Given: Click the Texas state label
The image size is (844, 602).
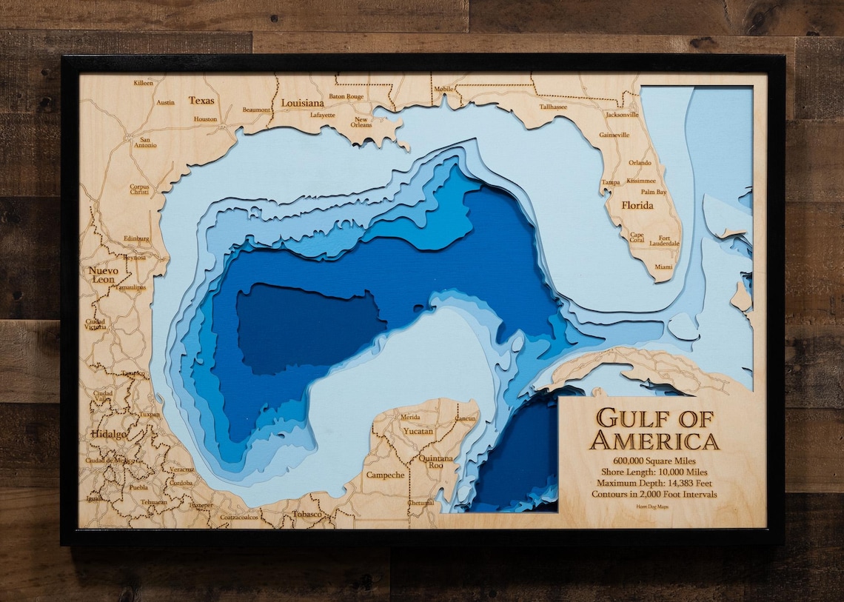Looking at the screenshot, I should pos(201,100).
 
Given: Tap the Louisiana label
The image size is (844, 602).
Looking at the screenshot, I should pos(302,103).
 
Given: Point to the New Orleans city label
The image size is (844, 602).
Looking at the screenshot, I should pos(361,122).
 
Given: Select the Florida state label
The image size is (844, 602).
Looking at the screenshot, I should pos(637,205).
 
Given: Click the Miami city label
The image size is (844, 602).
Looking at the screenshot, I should pos(663,267).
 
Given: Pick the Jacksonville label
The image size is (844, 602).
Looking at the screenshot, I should pos(622,115).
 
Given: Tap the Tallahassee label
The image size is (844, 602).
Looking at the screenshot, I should pos(553,107).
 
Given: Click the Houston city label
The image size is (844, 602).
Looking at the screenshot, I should pos(205,119).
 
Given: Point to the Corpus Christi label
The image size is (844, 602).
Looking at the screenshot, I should pos(139,190).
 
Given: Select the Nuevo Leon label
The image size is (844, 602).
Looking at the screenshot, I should pos(103,275).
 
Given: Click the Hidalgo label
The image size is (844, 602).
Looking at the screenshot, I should pos(108,434).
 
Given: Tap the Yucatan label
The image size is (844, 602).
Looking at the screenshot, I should pos(418,431).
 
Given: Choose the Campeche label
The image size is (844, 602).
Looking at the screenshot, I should pos(385,475).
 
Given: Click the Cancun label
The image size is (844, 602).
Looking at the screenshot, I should pos(465,418).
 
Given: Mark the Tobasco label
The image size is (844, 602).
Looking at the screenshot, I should pos(307,513).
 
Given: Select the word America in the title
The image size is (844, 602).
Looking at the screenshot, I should pos(654,441).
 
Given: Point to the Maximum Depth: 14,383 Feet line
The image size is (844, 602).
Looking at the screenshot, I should pos(654,483).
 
